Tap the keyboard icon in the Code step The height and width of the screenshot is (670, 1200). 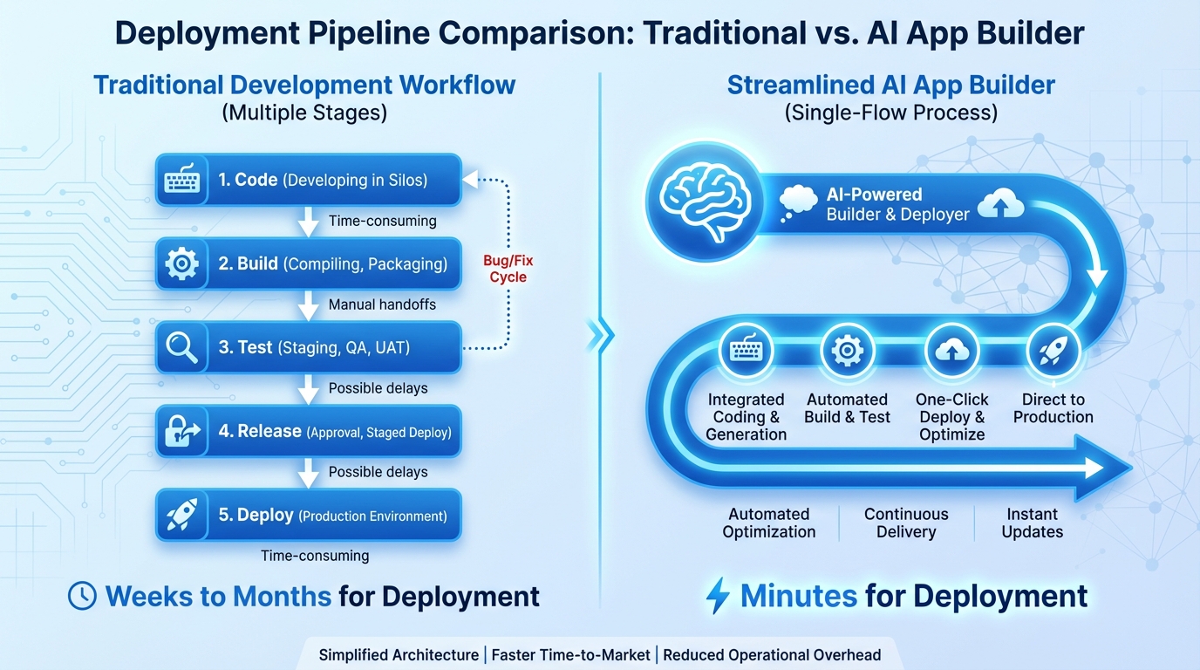pos(182,180)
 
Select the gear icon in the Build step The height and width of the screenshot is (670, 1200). pos(182,263)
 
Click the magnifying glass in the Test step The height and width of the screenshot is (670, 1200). pos(182,347)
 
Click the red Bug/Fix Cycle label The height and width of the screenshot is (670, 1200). pos(508,269)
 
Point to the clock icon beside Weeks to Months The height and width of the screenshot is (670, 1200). pos(82,596)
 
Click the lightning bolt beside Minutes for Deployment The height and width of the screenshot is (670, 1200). pos(717,596)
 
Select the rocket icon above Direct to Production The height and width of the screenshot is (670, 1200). pos(1053,351)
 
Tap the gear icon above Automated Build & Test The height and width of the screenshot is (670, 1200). pos(847,351)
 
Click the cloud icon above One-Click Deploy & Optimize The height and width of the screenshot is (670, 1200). pos(951,351)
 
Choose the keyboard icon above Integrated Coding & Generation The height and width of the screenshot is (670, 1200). pos(745,351)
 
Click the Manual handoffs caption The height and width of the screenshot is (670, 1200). pos(382,304)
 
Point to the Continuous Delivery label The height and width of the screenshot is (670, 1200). pos(906,523)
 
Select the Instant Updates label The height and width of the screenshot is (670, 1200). pos(1033,523)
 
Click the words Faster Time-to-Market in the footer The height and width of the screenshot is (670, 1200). pos(571,655)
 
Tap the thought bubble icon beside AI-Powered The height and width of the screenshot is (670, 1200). pos(797,203)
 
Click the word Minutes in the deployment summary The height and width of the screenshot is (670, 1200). pos(799,596)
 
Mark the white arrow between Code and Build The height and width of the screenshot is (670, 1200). pos(308,222)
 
